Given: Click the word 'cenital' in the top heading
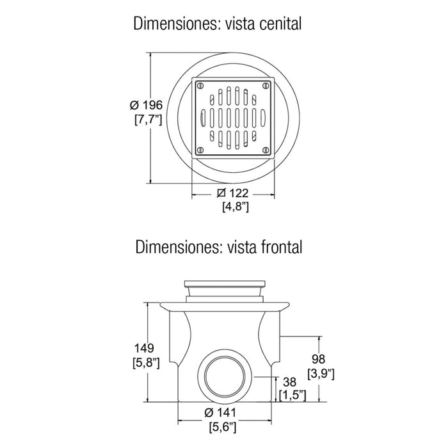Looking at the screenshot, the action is [x=280, y=24].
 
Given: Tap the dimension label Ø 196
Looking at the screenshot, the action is [x=146, y=105].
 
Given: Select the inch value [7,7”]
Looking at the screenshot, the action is [x=148, y=120].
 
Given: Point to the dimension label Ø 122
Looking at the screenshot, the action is [x=232, y=193].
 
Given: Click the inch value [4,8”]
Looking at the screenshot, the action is [x=236, y=207].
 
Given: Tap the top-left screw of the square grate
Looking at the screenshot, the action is [x=200, y=85].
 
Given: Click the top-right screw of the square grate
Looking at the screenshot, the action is [x=266, y=85].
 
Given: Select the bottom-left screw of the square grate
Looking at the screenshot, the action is [x=200, y=150].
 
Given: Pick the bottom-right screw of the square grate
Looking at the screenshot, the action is [x=266, y=150].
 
